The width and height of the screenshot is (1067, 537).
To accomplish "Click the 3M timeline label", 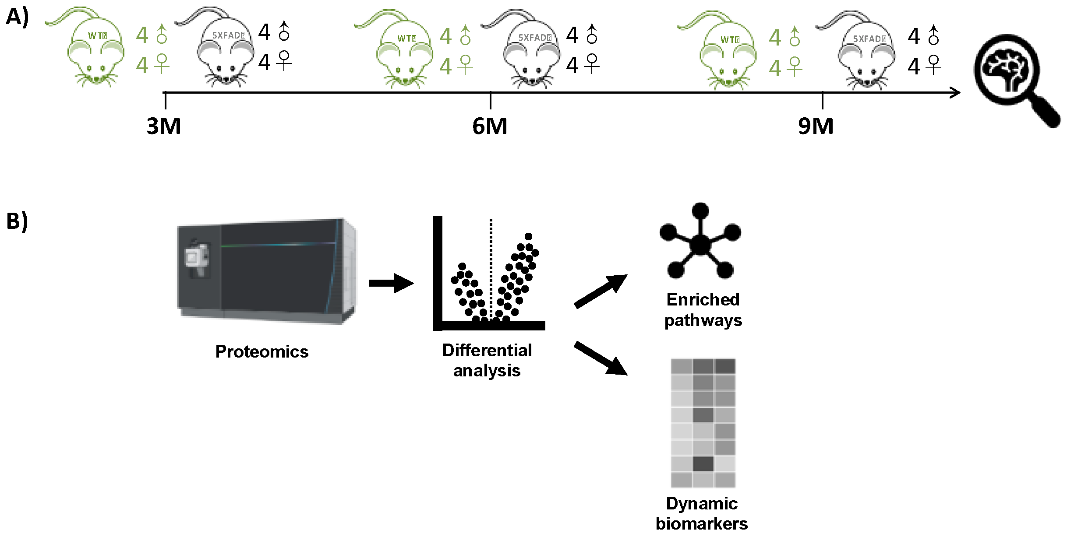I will [x=164, y=126].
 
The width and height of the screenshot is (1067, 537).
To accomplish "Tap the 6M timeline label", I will [x=490, y=126].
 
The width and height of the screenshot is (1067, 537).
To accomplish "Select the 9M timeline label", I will [x=816, y=126].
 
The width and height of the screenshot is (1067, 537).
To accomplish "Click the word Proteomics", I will [x=262, y=351].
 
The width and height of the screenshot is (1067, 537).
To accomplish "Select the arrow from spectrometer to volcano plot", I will [x=391, y=283].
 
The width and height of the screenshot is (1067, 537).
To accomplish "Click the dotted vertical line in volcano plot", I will [x=491, y=267].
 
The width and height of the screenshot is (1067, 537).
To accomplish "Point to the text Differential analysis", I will [x=487, y=360].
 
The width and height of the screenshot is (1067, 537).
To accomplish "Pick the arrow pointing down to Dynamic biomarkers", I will [x=601, y=358].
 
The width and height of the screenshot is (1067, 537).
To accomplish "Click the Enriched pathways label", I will [x=703, y=310].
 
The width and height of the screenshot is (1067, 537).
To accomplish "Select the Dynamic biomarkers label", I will [x=702, y=513].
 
